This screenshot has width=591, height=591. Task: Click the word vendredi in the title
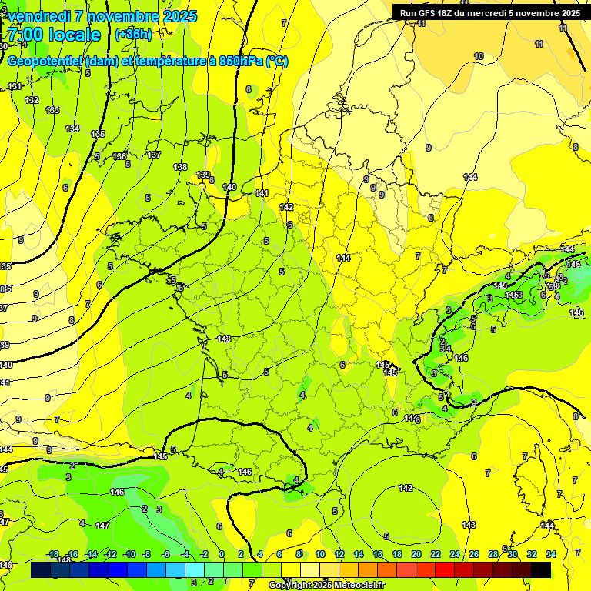click(38, 16)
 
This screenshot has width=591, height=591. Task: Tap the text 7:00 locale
click(54, 35)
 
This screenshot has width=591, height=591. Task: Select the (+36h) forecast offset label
click(133, 35)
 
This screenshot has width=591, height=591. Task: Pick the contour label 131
click(15, 86)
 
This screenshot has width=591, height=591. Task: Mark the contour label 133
click(52, 110)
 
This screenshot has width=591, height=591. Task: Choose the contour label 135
click(98, 134)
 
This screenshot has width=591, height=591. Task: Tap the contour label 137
click(154, 155)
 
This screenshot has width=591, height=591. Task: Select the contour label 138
click(180, 167)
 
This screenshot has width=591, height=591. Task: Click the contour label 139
click(203, 175)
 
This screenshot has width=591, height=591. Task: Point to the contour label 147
click(102, 525)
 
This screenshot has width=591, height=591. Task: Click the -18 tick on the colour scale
click(53, 554)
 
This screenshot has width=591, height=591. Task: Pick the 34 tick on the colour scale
click(551, 554)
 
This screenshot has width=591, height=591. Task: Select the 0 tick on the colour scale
click(222, 554)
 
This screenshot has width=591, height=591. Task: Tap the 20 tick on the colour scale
click(416, 554)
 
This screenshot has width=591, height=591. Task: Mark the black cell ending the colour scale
click(541, 569)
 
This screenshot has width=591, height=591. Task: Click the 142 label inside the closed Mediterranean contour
click(406, 488)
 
